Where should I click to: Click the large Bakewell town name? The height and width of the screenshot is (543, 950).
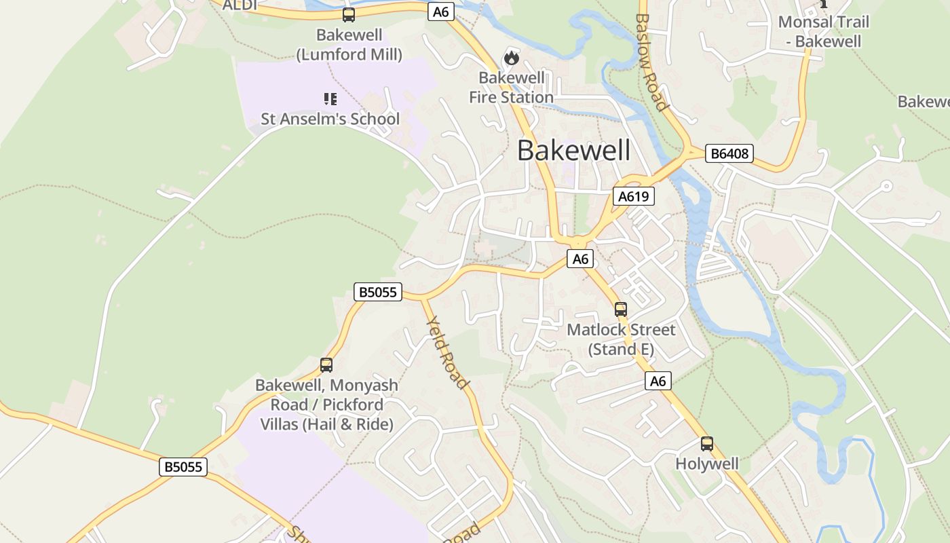tap(573, 150)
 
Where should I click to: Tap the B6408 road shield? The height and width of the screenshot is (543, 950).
tap(729, 153)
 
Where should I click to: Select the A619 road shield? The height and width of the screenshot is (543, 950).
tap(634, 197)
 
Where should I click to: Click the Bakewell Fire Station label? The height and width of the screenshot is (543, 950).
tap(511, 88)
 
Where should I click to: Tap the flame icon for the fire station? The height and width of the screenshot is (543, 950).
tap(511, 58)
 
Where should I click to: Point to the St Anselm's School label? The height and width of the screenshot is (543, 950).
tap(330, 119)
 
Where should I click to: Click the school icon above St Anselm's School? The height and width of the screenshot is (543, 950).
tap(330, 100)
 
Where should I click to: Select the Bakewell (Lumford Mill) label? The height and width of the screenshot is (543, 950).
tap(349, 45)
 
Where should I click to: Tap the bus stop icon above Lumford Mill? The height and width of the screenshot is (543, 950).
tap(348, 15)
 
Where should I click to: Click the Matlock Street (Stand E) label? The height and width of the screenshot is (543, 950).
tap(621, 339)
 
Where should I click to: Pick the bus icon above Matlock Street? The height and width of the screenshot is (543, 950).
tap(620, 310)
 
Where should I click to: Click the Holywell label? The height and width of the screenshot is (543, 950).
tap(706, 464)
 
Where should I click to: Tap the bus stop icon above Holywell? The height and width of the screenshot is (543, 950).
tap(706, 444)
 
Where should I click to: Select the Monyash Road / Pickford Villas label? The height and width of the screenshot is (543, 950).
tap(326, 405)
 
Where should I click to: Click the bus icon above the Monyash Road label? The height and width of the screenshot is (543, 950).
tap(326, 365)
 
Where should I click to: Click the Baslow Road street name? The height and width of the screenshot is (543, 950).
tap(651, 61)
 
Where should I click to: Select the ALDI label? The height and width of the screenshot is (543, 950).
tap(240, 4)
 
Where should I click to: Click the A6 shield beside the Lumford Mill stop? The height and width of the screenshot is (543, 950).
tap(441, 12)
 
